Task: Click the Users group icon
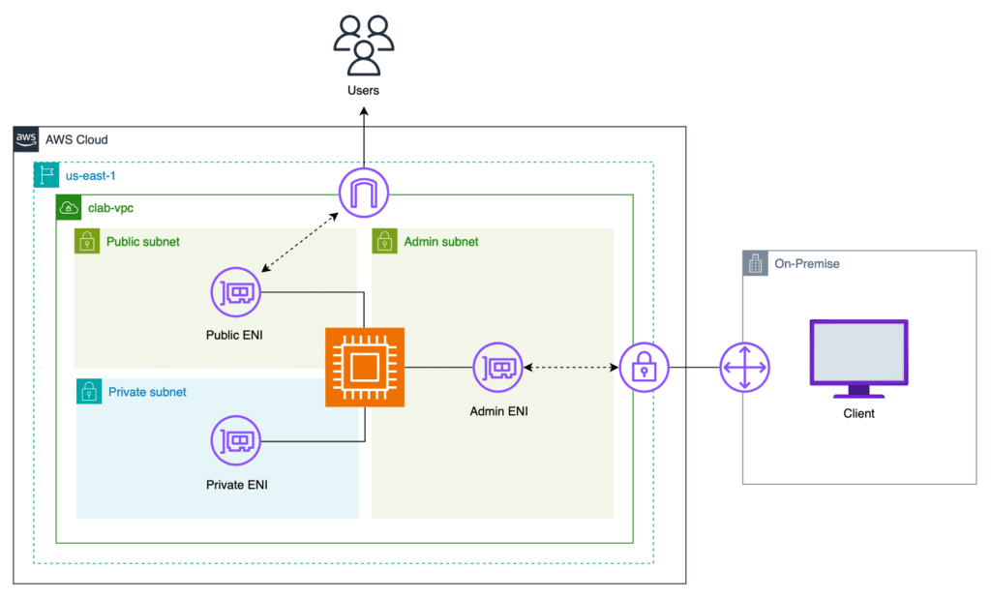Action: (364, 45)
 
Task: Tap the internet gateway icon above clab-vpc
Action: (364, 194)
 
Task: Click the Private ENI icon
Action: (236, 441)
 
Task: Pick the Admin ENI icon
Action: (498, 368)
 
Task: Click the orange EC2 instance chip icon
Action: (364, 368)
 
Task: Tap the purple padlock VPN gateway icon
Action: (645, 368)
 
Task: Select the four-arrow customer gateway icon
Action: (744, 368)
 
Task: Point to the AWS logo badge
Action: (26, 139)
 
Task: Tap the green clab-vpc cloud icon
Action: (69, 207)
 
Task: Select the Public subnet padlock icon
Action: (87, 241)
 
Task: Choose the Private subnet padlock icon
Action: (88, 391)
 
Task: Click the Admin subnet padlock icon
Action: (384, 241)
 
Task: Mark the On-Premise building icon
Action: (755, 263)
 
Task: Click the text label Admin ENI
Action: (498, 411)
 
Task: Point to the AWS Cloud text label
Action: (76, 139)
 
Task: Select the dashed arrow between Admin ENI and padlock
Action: (571, 368)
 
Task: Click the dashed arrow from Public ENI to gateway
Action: (300, 242)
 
